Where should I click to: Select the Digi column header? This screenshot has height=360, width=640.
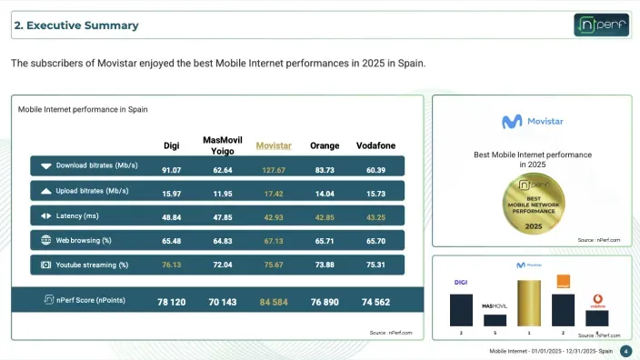(171, 145)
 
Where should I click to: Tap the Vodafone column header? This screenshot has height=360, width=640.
(375, 145)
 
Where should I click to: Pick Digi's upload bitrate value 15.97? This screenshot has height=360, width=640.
(171, 194)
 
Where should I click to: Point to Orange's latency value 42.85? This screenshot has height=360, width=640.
(325, 217)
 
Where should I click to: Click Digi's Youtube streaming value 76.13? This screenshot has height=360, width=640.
(171, 265)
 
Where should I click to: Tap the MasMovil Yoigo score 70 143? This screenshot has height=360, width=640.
(222, 301)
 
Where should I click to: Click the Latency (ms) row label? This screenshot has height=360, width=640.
(77, 216)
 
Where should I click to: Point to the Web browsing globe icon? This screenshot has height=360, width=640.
(45, 241)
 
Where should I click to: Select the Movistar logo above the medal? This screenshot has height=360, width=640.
(532, 122)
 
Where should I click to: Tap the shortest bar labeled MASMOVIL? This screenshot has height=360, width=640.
(495, 319)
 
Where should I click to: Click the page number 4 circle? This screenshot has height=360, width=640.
(625, 351)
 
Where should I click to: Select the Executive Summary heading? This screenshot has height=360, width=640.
(76, 25)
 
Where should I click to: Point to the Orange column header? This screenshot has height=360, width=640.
(325, 145)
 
